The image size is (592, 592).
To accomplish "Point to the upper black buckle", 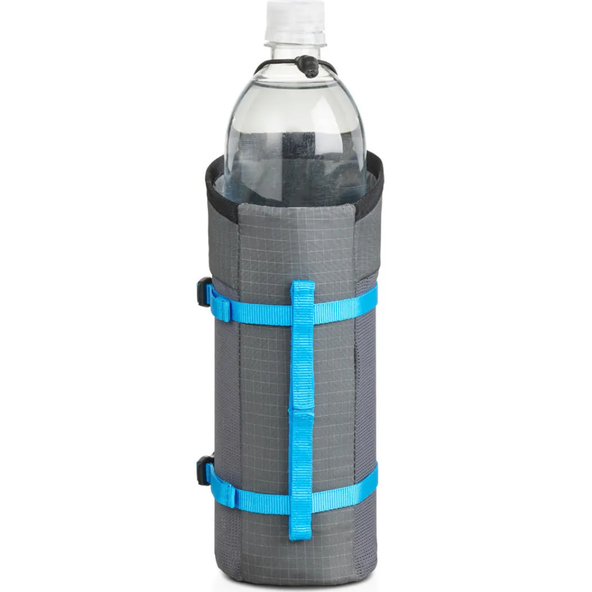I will pos(203,291).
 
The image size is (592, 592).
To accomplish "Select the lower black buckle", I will pos(204,470).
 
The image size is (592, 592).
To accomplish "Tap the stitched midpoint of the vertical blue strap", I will pos(301,411).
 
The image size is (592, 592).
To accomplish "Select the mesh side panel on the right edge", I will pos(368,393).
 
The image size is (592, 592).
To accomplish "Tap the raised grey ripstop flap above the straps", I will pos(296,240).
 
